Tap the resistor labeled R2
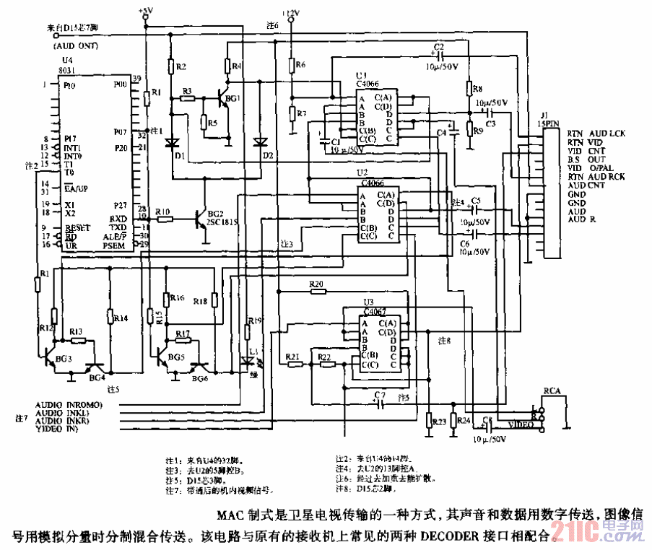pyautogui.click(x=171, y=68)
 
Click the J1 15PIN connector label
pyautogui.click(x=550, y=118)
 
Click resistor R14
pyautogui.click(x=110, y=317)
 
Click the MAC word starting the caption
pyautogui.click(x=230, y=516)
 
